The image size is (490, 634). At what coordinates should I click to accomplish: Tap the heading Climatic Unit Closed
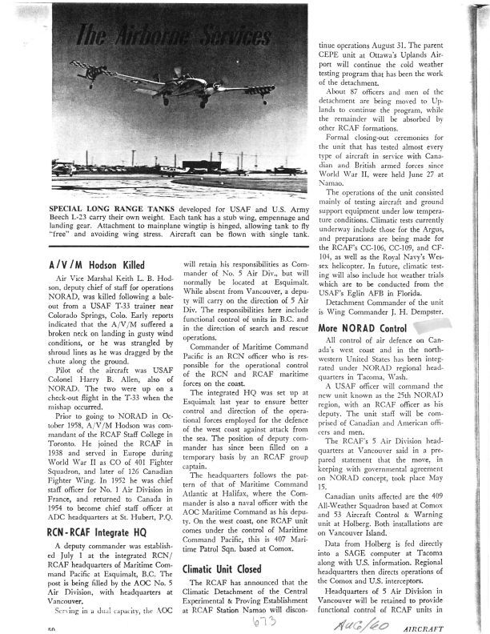click(x=227, y=569)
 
